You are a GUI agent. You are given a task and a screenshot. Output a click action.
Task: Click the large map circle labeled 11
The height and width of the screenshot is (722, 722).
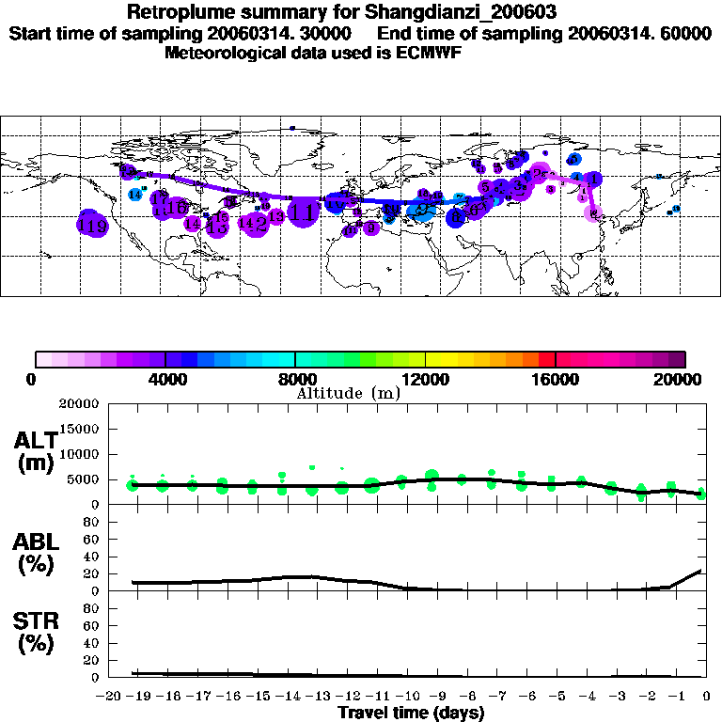[x=303, y=212]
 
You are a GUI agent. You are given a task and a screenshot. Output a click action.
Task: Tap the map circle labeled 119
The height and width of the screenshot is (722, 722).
[x=92, y=226]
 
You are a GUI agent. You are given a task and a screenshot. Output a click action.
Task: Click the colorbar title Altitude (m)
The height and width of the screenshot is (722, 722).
[x=349, y=393]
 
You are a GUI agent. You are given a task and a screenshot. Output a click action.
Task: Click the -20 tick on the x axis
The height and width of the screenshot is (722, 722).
[x=112, y=696]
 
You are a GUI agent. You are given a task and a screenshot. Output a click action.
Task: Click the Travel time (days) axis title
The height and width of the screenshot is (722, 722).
[x=411, y=713]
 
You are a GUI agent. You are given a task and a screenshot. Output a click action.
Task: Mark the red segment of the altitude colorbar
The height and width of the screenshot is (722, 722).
[x=547, y=358]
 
